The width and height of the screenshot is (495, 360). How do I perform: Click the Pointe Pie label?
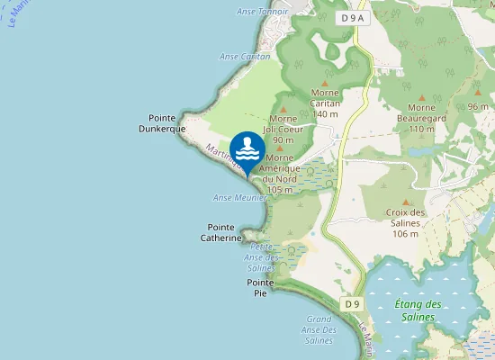(260, 288)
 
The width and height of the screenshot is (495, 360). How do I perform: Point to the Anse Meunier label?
(236, 197)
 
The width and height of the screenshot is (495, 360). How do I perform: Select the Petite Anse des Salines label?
(260, 256)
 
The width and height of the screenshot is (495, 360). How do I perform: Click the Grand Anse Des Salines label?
(319, 329)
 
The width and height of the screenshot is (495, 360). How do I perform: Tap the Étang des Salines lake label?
(418, 310)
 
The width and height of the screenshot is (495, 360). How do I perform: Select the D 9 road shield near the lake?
(351, 304)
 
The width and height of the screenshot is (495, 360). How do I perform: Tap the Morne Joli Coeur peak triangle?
(283, 108)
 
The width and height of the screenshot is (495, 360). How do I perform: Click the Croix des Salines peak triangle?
(405, 202)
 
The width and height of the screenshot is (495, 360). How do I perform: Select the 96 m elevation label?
(478, 106)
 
